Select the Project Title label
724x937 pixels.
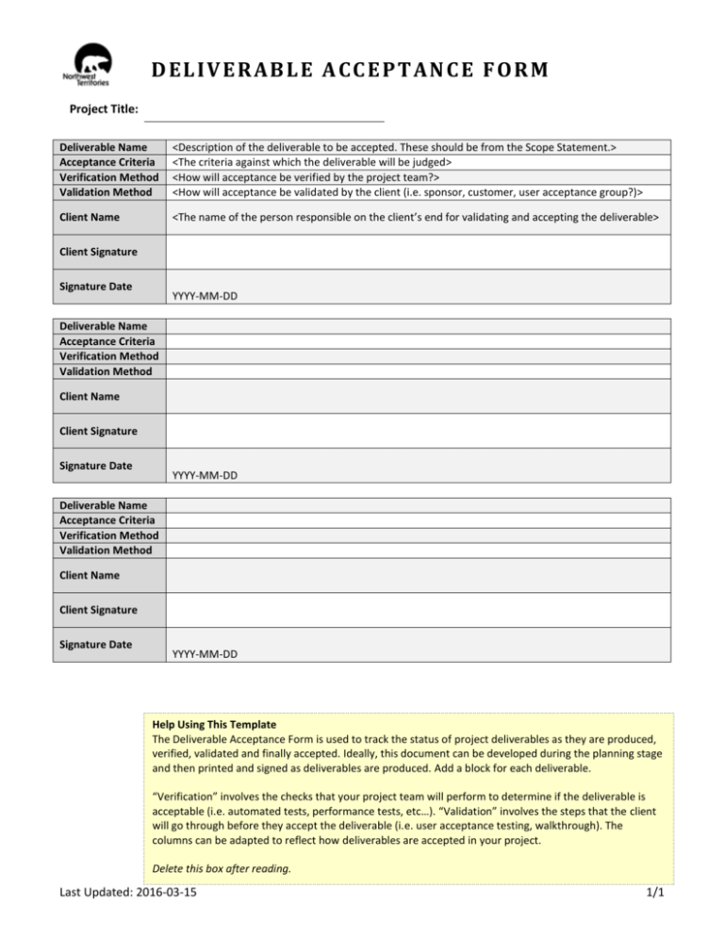tap(105, 111)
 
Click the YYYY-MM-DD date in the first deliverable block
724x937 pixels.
tap(205, 296)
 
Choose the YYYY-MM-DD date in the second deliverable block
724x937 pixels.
tap(205, 474)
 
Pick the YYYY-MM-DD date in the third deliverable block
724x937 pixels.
tap(205, 652)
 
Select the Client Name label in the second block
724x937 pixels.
tap(86, 397)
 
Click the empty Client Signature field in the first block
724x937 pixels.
tap(419, 253)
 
